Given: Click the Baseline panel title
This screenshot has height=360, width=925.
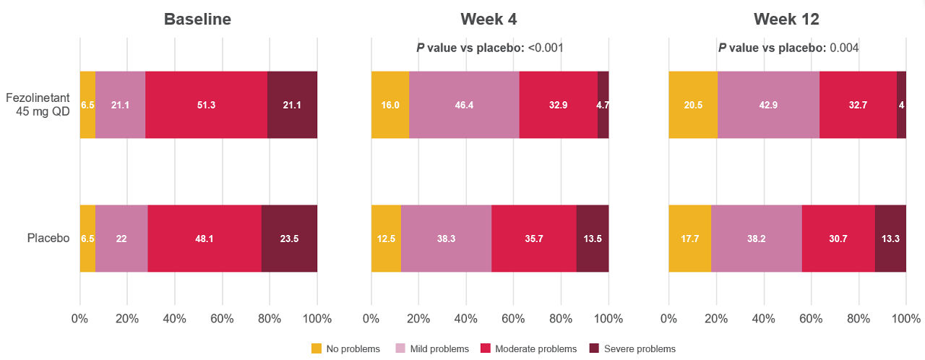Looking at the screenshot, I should tap(197, 20).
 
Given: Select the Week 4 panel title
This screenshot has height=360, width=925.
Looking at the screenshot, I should tap(489, 20).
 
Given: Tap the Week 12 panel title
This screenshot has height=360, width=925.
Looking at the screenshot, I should tap(786, 20).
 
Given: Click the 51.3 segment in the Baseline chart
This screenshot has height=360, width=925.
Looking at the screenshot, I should tap(206, 105).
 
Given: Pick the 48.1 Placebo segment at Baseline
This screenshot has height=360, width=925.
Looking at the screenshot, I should tap(205, 239).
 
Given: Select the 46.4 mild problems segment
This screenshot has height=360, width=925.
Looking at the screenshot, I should tap(464, 105).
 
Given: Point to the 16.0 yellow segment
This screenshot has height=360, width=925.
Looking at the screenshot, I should tap(390, 105).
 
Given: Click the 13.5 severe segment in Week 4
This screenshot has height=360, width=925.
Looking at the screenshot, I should tap(592, 239).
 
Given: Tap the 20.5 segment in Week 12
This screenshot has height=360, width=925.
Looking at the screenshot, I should tap(693, 105).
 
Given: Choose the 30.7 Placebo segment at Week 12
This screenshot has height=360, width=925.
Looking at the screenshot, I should tap(838, 239).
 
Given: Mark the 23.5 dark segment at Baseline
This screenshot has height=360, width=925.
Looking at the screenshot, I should tap(289, 239).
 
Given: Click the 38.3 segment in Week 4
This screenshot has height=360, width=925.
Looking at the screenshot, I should tap(446, 239).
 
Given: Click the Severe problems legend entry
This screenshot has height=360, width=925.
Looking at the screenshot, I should tap(640, 349).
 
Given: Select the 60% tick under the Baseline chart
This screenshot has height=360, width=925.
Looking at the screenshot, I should tap(222, 319).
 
